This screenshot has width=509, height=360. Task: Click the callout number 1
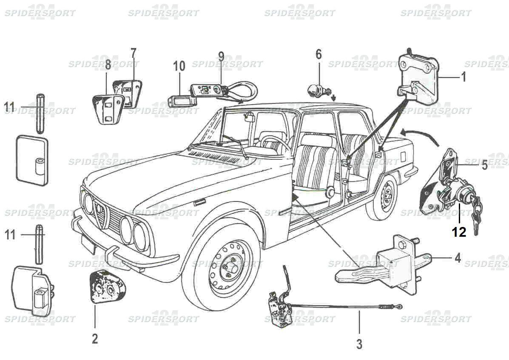(x=464, y=77)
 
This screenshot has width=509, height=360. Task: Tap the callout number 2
(x=94, y=338)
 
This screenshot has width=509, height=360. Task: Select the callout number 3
(x=359, y=343)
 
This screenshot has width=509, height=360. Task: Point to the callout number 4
(x=457, y=258)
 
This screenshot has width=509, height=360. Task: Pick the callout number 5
(x=484, y=165)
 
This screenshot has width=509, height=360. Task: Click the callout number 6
(x=318, y=54)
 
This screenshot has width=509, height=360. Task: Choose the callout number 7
(x=134, y=54)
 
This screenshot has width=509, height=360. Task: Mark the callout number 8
(x=108, y=65)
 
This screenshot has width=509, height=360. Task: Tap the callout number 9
(x=221, y=56)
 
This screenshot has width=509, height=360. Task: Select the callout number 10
(x=179, y=66)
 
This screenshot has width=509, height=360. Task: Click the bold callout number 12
(x=459, y=232)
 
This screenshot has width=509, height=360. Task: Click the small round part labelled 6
(x=317, y=91)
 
